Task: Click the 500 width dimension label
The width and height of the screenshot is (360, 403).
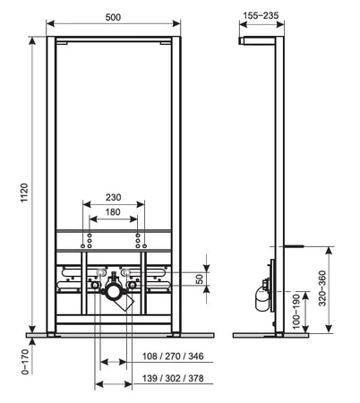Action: click(113, 17)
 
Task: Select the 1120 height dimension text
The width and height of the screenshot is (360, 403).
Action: click(24, 193)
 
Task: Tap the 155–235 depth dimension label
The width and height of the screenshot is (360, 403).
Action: click(261, 15)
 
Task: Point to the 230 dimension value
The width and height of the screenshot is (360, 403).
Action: click(114, 197)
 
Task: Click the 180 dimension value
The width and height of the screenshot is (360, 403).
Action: click(113, 212)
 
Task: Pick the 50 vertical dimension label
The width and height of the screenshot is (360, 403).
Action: click(200, 279)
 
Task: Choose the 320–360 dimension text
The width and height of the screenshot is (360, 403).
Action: click(322, 288)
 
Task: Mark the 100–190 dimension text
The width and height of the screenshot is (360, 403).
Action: click(296, 312)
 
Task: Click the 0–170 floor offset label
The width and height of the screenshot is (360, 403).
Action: click(25, 362)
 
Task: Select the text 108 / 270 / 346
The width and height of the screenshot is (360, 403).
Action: click(173, 356)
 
